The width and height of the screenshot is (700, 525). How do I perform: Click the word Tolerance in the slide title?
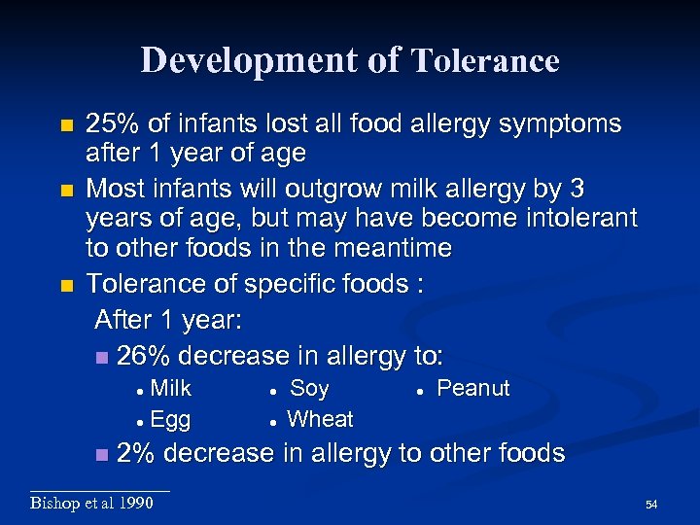coord(485,61)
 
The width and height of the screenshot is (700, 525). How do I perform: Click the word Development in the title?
coord(250,60)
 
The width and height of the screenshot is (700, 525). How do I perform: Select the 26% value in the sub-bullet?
coord(143,356)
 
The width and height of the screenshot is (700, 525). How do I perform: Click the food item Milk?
coord(171,389)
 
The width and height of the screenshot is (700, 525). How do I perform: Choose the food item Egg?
coord(170,419)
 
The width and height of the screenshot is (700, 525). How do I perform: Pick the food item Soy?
coord(309,389)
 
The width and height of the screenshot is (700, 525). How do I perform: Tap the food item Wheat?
coord(321,419)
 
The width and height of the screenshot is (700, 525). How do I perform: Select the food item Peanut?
coord(472,389)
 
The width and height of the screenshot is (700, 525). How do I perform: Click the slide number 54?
coord(651,505)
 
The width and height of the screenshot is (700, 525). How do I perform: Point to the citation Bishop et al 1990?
coord(91,503)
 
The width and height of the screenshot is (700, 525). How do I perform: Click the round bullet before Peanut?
coord(416,390)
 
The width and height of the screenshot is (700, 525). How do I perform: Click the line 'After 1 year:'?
coord(168,321)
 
